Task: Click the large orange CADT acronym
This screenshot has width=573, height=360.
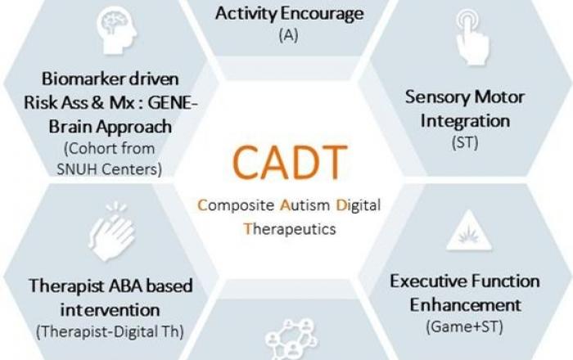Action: [x=290, y=163]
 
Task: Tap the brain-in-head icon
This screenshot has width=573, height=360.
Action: [x=116, y=30]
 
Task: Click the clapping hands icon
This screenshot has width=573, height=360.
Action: [x=111, y=232]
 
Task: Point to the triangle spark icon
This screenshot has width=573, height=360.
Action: [x=469, y=231]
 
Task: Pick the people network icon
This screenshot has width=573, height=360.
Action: [x=291, y=340]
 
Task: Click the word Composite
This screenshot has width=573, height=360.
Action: [x=236, y=205]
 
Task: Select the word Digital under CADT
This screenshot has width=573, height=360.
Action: [x=359, y=205]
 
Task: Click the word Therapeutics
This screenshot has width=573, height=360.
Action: [x=290, y=229]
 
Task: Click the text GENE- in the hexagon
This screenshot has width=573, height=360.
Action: [x=173, y=102]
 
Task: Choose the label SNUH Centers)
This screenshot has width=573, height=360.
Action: [x=109, y=169]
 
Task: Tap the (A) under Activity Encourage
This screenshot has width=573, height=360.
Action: [x=289, y=36]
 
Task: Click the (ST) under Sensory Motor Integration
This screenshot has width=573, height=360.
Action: [x=465, y=142]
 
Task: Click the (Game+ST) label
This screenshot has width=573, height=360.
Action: [x=464, y=326]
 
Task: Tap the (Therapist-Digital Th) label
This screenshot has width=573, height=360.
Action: [x=110, y=332]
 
